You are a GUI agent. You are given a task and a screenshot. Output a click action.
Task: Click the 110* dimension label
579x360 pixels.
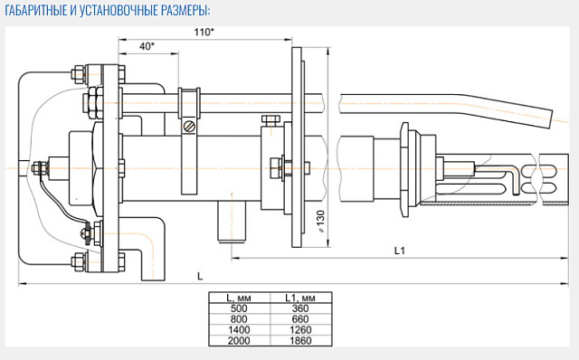tap(204, 33)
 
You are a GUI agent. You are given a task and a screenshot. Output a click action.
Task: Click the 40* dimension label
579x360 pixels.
tap(147, 46)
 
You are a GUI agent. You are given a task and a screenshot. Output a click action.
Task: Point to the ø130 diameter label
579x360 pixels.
tap(320, 222)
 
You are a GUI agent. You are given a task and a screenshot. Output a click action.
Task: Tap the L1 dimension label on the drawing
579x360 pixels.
tap(400, 251)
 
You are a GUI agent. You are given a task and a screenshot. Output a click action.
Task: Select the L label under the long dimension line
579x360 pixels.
tap(200, 276)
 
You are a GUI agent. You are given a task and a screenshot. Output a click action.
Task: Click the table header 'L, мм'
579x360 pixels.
tap(239, 298)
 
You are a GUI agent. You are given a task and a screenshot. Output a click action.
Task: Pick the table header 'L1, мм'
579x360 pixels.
tap(300, 298)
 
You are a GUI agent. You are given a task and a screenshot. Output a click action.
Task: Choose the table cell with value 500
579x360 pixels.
tap(239, 308)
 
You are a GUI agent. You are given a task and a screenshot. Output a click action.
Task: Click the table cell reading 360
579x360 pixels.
tap(300, 308)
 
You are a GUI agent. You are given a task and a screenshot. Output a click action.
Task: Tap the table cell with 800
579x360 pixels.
tap(239, 319)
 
